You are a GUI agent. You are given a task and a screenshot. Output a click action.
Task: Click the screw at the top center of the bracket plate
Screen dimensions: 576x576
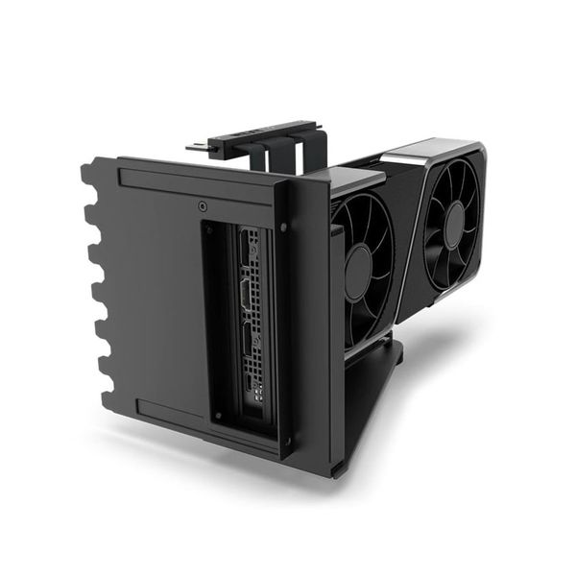(x=202, y=205)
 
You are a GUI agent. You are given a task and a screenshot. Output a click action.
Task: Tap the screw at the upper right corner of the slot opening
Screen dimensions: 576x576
(x=283, y=228)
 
